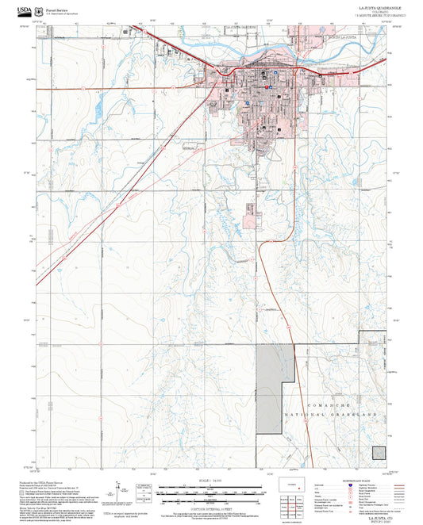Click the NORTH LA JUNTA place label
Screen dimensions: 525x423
(339, 37)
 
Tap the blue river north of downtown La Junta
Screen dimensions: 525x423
(238, 48)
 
